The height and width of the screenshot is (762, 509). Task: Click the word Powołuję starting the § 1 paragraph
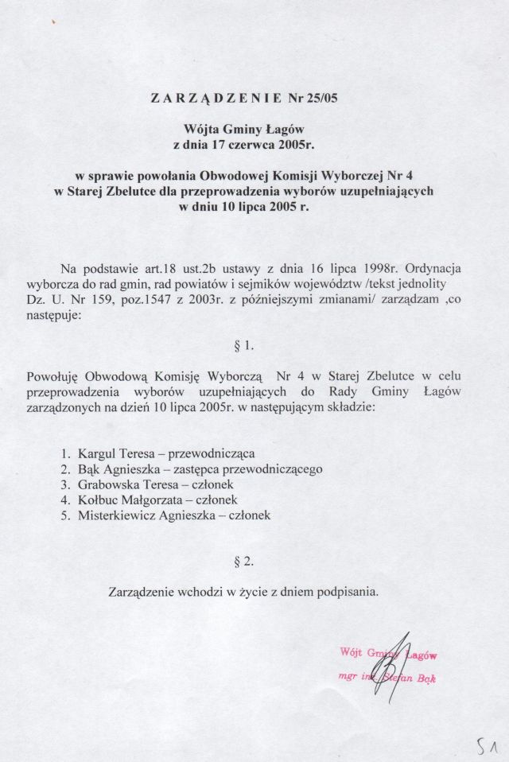tap(53, 375)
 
